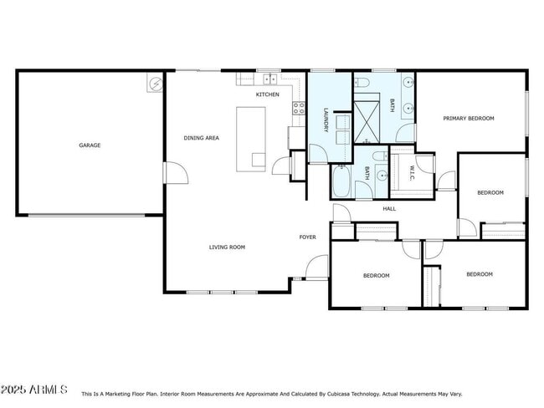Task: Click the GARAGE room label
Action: pyautogui.click(x=90, y=145)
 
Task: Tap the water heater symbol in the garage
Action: pyautogui.click(x=155, y=83)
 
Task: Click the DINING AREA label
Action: pyautogui.click(x=201, y=138)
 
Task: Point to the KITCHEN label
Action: pyautogui.click(x=267, y=95)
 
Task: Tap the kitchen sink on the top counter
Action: pyautogui.click(x=270, y=79)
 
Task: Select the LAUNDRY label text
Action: pyautogui.click(x=326, y=118)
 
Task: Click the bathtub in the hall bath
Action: pyautogui.click(x=343, y=181)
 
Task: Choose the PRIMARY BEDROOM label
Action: pyautogui.click(x=469, y=119)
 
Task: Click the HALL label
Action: pyautogui.click(x=389, y=208)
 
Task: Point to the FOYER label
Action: pyautogui.click(x=308, y=237)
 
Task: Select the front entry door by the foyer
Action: pyautogui.click(x=316, y=268)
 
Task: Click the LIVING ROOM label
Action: pyautogui.click(x=227, y=247)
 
